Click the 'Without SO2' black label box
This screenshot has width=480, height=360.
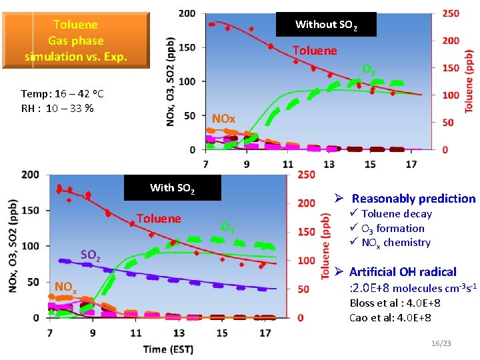click(326, 25)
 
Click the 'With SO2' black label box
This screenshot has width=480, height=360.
click(172, 188)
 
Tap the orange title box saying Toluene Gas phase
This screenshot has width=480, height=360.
click(75, 41)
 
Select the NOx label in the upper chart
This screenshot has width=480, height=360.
click(223, 119)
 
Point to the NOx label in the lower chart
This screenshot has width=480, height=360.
click(65, 287)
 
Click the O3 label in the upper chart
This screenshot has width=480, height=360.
click(368, 69)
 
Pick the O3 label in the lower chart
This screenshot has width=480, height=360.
click(227, 228)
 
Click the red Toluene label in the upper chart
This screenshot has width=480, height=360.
click(315, 51)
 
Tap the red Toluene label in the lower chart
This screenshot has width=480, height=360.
click(158, 219)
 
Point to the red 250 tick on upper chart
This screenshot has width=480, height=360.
click(451, 13)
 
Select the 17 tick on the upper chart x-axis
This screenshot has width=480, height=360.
click(411, 164)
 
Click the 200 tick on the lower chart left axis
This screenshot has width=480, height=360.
click(30, 175)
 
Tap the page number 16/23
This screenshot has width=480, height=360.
click(441, 343)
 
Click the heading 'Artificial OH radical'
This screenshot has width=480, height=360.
click(402, 271)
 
